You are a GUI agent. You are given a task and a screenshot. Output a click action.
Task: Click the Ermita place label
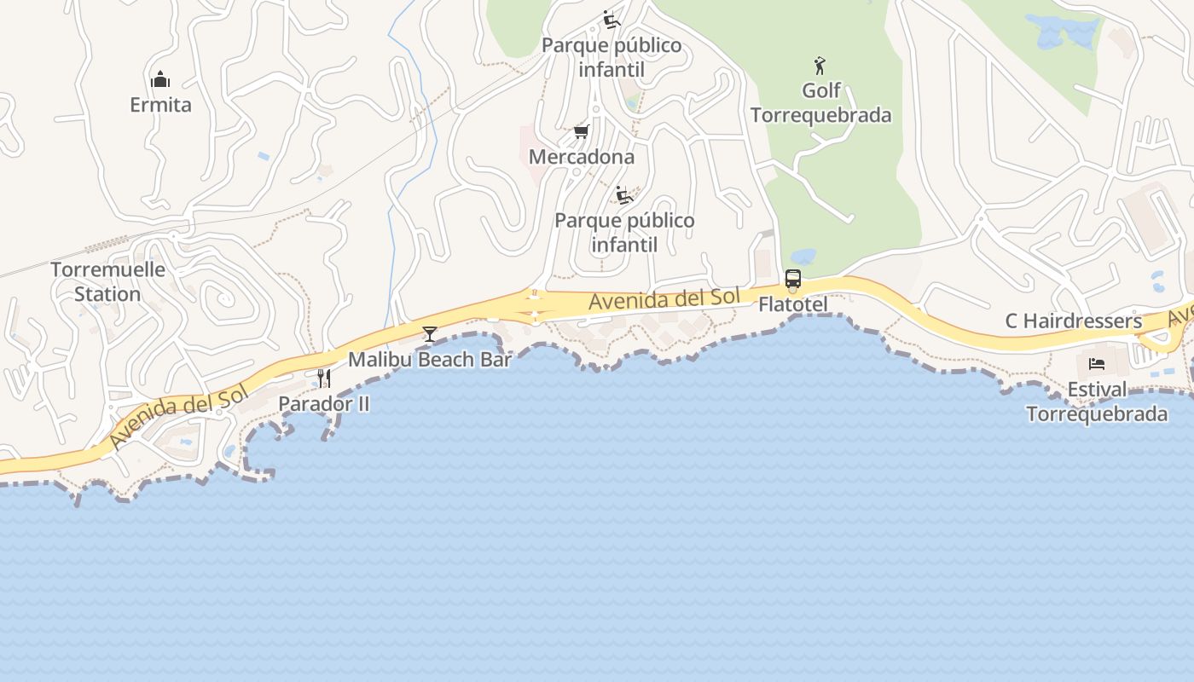pyautogui.click(x=160, y=105)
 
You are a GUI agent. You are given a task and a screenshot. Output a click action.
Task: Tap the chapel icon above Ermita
pyautogui.click(x=160, y=80)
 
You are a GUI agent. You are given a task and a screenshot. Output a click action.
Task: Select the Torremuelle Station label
pyautogui.click(x=107, y=281)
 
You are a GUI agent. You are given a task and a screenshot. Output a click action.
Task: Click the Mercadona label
pyautogui.click(x=582, y=157)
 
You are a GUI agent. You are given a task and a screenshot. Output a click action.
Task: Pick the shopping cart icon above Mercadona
pyautogui.click(x=582, y=131)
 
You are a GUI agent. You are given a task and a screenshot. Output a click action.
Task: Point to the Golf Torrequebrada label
pyautogui.click(x=820, y=102)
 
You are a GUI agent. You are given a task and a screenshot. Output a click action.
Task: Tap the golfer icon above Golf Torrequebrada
pyautogui.click(x=820, y=65)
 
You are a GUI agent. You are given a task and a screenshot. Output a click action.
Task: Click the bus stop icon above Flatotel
pyautogui.click(x=792, y=279)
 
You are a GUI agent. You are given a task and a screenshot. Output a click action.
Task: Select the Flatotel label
pyautogui.click(x=793, y=304)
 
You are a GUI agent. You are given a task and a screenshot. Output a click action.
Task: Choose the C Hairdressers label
pyautogui.click(x=1073, y=321)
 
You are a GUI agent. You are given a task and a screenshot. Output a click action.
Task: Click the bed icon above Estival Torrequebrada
pyautogui.click(x=1097, y=365)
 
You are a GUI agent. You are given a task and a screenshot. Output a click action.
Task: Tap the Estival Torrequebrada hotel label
pyautogui.click(x=1097, y=402)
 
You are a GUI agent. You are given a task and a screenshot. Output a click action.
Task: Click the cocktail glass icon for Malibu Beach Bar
pyautogui.click(x=430, y=333)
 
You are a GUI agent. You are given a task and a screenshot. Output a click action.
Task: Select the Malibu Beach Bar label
pyautogui.click(x=430, y=360)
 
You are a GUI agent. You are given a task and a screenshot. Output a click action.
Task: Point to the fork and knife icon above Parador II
pyautogui.click(x=324, y=378)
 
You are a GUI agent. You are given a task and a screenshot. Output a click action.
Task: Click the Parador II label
pyautogui.click(x=324, y=404)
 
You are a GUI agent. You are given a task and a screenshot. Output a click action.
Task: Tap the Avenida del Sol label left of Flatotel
pyautogui.click(x=664, y=299)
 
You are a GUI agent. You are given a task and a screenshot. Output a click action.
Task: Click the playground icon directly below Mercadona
pyautogui.click(x=624, y=195)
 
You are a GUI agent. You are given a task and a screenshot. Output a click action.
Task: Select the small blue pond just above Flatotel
pyautogui.click(x=803, y=256)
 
